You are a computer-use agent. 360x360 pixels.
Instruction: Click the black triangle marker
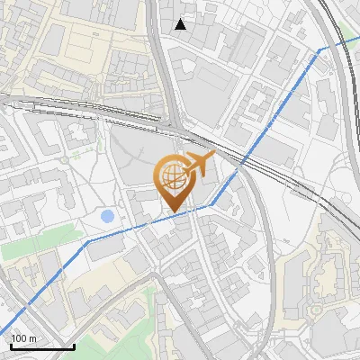181,24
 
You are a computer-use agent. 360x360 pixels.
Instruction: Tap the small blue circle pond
108,216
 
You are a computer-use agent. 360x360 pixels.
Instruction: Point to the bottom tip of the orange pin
173,212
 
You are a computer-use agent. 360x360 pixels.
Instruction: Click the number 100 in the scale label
20,338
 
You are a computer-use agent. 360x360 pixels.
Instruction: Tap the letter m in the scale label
32,338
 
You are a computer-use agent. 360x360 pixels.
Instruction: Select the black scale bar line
41,346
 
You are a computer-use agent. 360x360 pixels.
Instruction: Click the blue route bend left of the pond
87,241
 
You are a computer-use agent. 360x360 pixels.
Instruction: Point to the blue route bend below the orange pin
211,204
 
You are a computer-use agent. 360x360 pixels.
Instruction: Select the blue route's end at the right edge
358,37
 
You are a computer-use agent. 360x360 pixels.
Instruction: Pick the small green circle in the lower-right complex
316,311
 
